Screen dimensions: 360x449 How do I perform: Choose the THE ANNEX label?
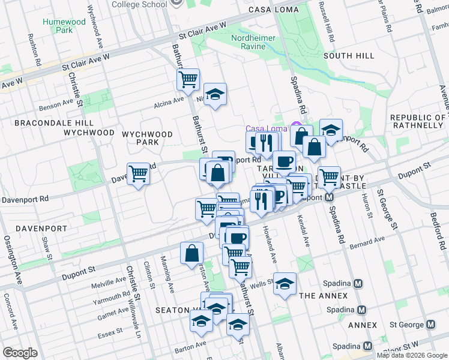[x=323, y=296]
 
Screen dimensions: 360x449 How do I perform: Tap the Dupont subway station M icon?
[x=330, y=197]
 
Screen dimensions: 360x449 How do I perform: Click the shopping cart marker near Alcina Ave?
[x=188, y=78]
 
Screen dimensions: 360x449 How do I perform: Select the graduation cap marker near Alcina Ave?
[x=215, y=94]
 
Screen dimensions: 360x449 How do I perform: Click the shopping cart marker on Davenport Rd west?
[x=138, y=174]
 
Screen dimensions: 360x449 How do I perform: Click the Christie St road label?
[x=72, y=89]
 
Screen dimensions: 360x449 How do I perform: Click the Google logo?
[x=20, y=353]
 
